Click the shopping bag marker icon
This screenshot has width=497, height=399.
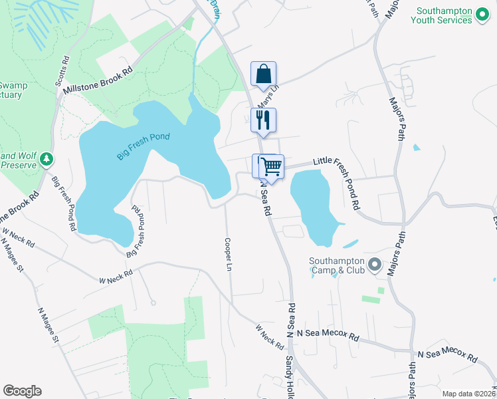coord(263,74)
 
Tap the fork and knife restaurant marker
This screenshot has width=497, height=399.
coord(264,120)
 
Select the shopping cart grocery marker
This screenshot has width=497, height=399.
coord(271,167)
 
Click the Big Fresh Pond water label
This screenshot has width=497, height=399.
coord(144,146)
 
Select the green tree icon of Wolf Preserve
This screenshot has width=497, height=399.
coord(46,159)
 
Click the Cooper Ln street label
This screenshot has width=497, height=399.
coord(228,255)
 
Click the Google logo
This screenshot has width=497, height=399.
coord(22,391)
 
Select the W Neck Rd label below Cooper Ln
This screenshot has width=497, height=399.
coord(270,335)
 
